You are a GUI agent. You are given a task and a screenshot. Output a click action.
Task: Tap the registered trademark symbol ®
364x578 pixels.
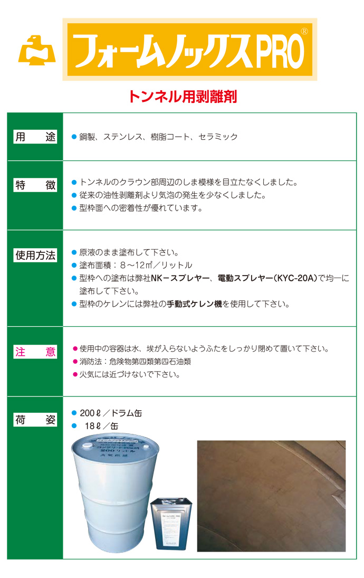coord(304,31)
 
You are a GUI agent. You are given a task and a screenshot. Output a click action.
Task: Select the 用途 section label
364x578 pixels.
coord(35,137)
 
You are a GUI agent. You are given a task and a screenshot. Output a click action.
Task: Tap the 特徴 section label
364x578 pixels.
coord(35,185)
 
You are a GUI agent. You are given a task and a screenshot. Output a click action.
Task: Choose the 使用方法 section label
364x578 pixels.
coord(35,255)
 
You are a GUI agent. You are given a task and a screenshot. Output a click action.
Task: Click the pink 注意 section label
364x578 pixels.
coord(35,352)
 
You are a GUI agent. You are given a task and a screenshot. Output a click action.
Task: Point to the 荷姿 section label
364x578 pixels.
coord(35,421)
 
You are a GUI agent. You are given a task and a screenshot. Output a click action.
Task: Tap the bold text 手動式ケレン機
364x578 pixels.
coord(195,304)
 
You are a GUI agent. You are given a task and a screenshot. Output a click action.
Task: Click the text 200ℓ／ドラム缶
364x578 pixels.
coord(111,413)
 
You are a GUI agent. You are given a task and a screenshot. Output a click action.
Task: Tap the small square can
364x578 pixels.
coord(171,525)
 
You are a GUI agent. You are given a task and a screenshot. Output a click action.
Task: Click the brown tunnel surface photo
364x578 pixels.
coord(271,496)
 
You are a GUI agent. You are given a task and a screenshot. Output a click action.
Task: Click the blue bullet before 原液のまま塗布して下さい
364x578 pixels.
coord(74,252)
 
